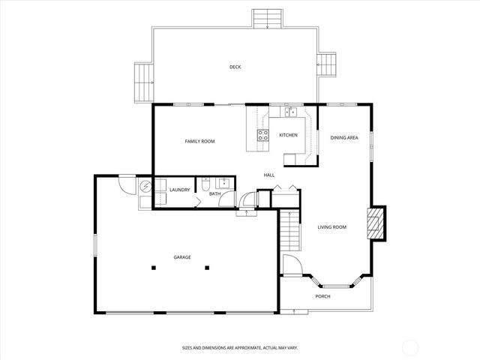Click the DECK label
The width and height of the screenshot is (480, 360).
(x=235, y=67)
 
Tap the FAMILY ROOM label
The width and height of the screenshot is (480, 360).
(x=200, y=141)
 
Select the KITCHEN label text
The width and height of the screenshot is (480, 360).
(x=288, y=135)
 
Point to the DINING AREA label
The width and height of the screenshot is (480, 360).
(x=343, y=137)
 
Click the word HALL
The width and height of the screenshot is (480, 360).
(x=268, y=175)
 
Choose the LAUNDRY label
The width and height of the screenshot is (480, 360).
(x=179, y=190)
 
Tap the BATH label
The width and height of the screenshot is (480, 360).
(x=214, y=194)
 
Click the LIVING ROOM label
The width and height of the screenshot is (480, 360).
(x=331, y=226)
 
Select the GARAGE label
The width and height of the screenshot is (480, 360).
(x=182, y=257)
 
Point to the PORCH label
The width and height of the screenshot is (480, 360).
(x=322, y=296)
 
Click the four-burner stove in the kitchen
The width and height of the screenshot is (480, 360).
(x=263, y=135)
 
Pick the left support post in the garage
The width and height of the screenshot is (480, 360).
(x=153, y=267)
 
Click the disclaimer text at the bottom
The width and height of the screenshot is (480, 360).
(x=239, y=348)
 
